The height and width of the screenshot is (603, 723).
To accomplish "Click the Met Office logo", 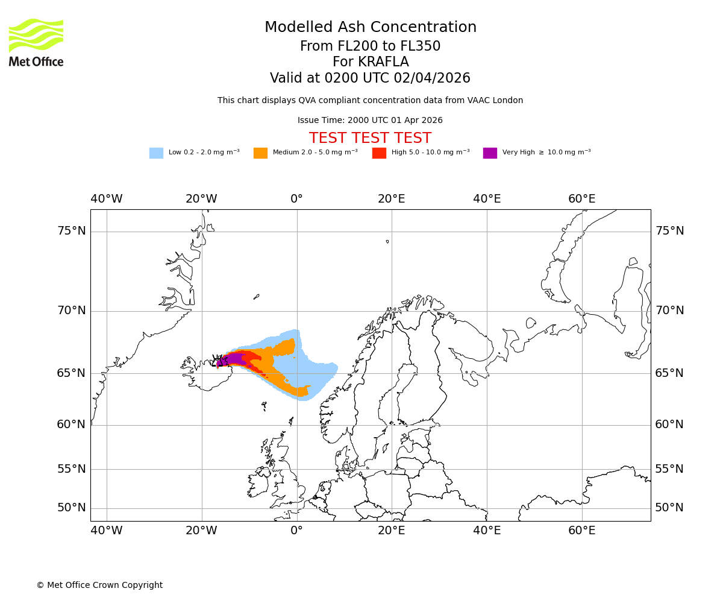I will pyautogui.click(x=36, y=42).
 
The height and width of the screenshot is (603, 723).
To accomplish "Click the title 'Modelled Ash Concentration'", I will pyautogui.click(x=370, y=28).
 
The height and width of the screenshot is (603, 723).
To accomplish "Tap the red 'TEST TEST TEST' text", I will pyautogui.click(x=370, y=138).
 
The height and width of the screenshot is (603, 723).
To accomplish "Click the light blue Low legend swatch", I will pyautogui.click(x=156, y=153).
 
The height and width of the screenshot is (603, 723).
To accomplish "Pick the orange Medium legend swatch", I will pyautogui.click(x=260, y=153).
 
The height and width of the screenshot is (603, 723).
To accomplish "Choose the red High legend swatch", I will pyautogui.click(x=379, y=153).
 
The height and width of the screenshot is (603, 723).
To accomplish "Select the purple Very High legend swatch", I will pyautogui.click(x=490, y=153).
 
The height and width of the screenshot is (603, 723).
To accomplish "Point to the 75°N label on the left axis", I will pyautogui.click(x=72, y=231).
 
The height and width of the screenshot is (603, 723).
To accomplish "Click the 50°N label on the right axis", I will pyautogui.click(x=669, y=508).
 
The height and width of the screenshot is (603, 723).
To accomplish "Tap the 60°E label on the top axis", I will pyautogui.click(x=581, y=199).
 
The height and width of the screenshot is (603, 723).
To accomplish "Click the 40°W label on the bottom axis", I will pyautogui.click(x=107, y=531).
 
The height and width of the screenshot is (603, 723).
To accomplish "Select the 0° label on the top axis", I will pyautogui.click(x=296, y=199).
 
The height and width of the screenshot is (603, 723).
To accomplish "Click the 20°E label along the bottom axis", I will pyautogui.click(x=392, y=531).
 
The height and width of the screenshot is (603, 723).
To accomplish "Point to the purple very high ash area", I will pyautogui.click(x=235, y=359).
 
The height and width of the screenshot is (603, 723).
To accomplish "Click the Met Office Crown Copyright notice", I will pyautogui.click(x=99, y=585).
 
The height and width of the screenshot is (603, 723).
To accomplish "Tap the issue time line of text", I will pyautogui.click(x=370, y=121).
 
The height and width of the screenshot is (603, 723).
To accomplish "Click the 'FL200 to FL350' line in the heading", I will pyautogui.click(x=370, y=46).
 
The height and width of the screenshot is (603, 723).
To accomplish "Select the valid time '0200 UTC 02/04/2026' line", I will pyautogui.click(x=370, y=78).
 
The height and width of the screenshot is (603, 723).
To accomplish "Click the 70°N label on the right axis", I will pyautogui.click(x=669, y=311).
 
